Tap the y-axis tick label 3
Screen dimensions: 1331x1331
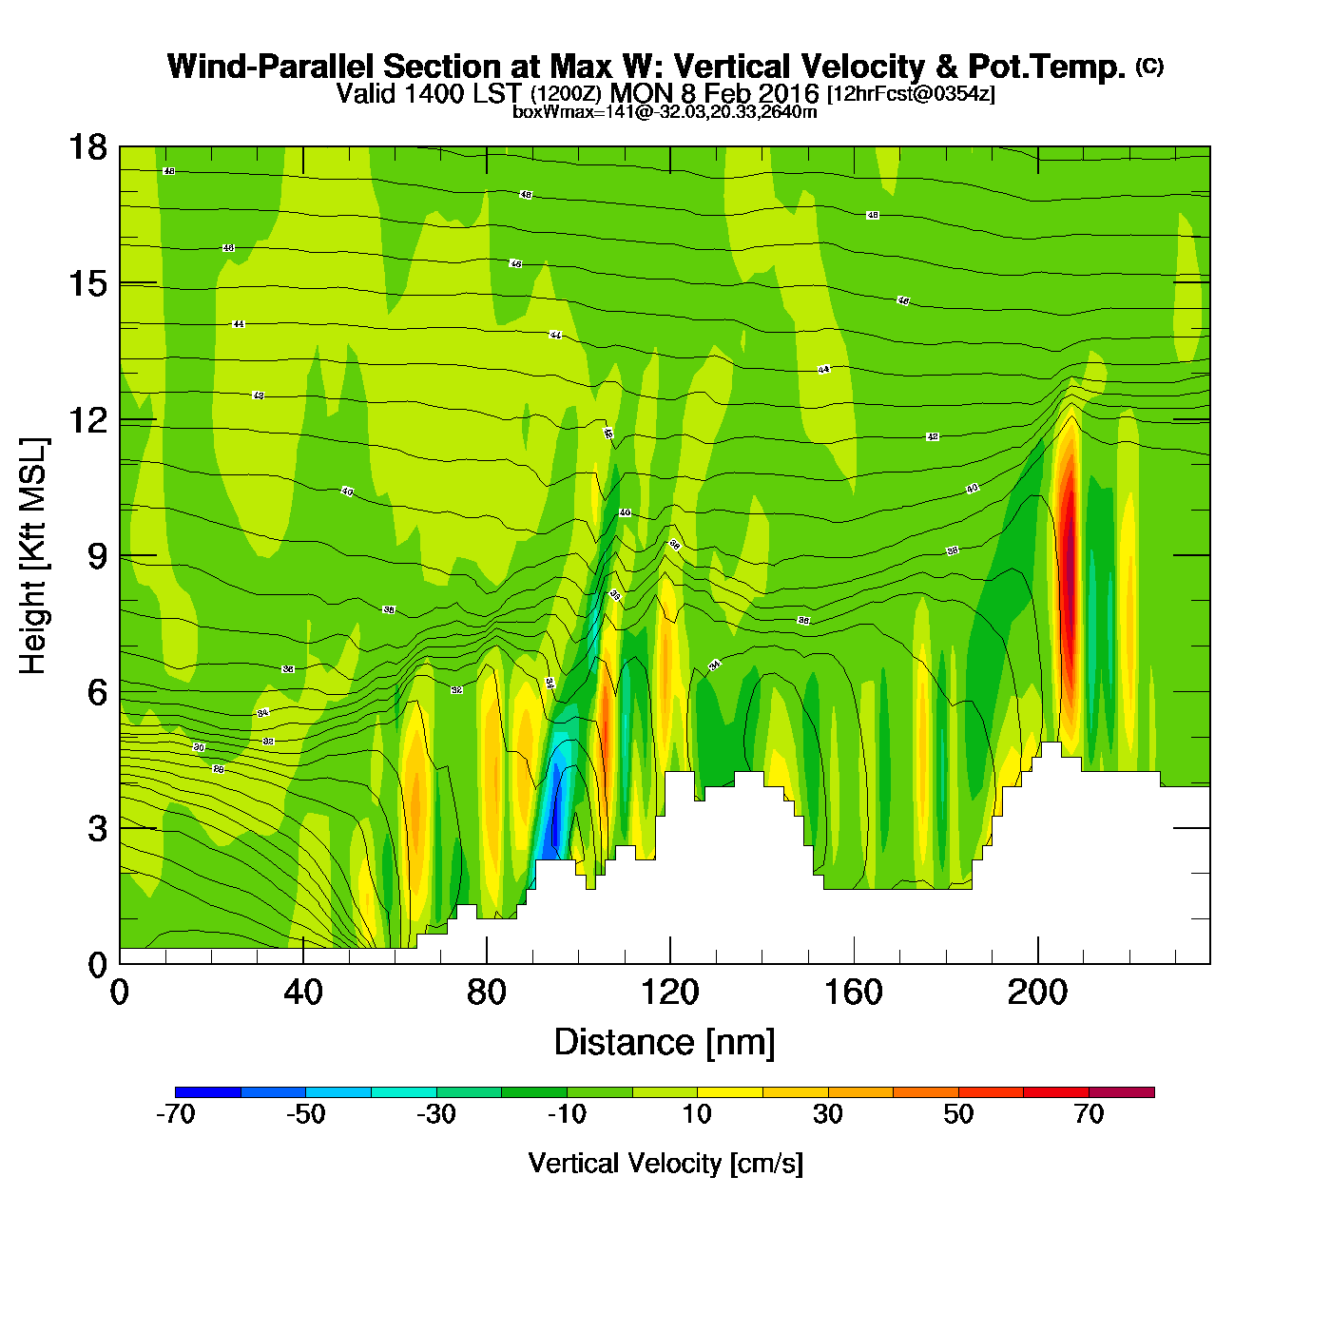97,828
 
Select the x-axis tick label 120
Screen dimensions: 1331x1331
669,993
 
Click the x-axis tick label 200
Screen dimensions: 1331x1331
1037,993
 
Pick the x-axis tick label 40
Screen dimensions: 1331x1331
302,993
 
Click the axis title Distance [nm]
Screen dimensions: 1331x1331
665,1042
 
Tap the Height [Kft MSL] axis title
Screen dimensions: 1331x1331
33,556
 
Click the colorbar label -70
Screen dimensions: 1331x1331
175,1114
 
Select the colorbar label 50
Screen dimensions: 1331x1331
958,1114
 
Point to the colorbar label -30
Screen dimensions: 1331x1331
436,1114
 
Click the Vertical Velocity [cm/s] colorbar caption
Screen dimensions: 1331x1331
665,1163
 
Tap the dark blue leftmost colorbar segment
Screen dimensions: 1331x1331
208,1092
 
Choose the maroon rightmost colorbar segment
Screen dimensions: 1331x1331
1122,1092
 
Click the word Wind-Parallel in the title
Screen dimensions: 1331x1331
273,67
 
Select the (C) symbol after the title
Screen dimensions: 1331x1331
1149,66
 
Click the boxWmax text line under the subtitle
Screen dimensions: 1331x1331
665,111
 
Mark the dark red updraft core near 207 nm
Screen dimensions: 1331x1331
1068,570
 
